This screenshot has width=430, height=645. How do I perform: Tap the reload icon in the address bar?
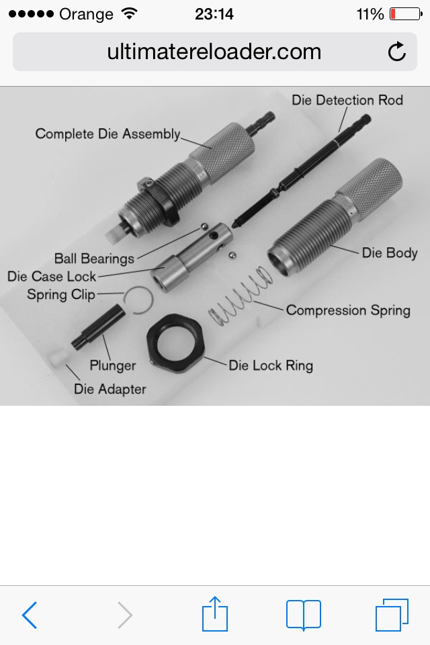[x=396, y=52]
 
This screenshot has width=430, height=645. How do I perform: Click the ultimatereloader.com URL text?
[x=214, y=52]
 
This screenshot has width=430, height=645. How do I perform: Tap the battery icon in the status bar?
[x=406, y=14]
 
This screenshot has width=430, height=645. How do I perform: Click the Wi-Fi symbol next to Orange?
[x=129, y=14]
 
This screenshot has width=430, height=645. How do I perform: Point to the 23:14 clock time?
[x=214, y=14]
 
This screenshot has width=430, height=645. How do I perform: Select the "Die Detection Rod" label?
[x=347, y=100]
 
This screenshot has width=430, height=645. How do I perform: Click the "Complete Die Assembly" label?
[x=107, y=134]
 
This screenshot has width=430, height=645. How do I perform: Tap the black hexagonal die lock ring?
[x=175, y=343]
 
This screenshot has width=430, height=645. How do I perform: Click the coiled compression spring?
[x=241, y=296]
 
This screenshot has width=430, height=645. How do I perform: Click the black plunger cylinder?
[x=98, y=327]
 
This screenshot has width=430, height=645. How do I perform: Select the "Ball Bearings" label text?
[x=94, y=259]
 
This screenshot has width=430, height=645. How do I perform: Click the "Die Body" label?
[x=390, y=253]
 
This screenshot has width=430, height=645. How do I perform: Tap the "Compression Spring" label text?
[x=348, y=310]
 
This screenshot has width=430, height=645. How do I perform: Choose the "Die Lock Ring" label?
[x=271, y=365]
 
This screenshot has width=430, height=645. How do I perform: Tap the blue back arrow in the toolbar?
[x=30, y=615]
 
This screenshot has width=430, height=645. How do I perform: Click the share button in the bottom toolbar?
[x=215, y=613]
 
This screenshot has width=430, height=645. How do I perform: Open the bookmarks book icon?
[x=304, y=615]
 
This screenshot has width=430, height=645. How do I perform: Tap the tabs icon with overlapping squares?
[x=392, y=615]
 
